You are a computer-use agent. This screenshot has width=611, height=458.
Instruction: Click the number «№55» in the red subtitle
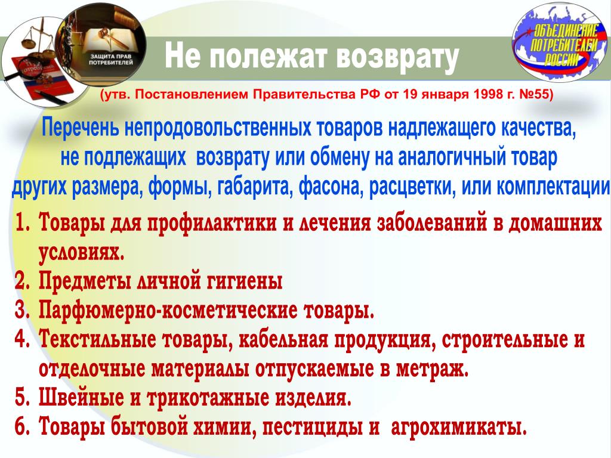(535, 94)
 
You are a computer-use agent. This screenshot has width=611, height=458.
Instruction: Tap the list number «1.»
(23, 223)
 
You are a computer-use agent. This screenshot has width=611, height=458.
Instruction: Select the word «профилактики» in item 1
(212, 224)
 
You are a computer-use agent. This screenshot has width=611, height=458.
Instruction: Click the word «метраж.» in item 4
(432, 369)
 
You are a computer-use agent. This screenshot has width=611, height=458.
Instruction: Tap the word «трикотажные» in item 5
(208, 398)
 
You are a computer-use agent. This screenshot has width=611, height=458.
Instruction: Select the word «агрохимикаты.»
(459, 427)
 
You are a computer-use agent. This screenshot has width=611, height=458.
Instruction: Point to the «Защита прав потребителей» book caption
(111, 59)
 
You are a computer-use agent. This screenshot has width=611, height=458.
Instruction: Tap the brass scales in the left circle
(38, 42)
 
